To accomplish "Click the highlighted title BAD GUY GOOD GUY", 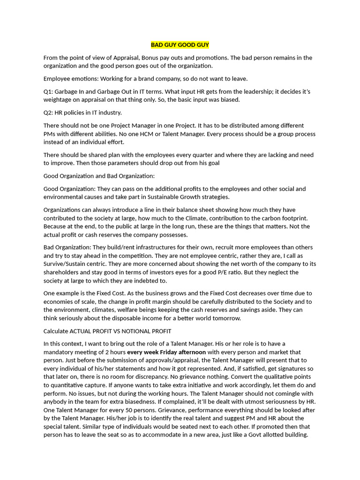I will point(180,45).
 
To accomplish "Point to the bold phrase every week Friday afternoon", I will point(166,352).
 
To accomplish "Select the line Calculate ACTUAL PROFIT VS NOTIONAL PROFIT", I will point(107,331).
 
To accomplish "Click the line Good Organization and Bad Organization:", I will point(99,176).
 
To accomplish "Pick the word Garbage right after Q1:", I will point(69,91).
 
